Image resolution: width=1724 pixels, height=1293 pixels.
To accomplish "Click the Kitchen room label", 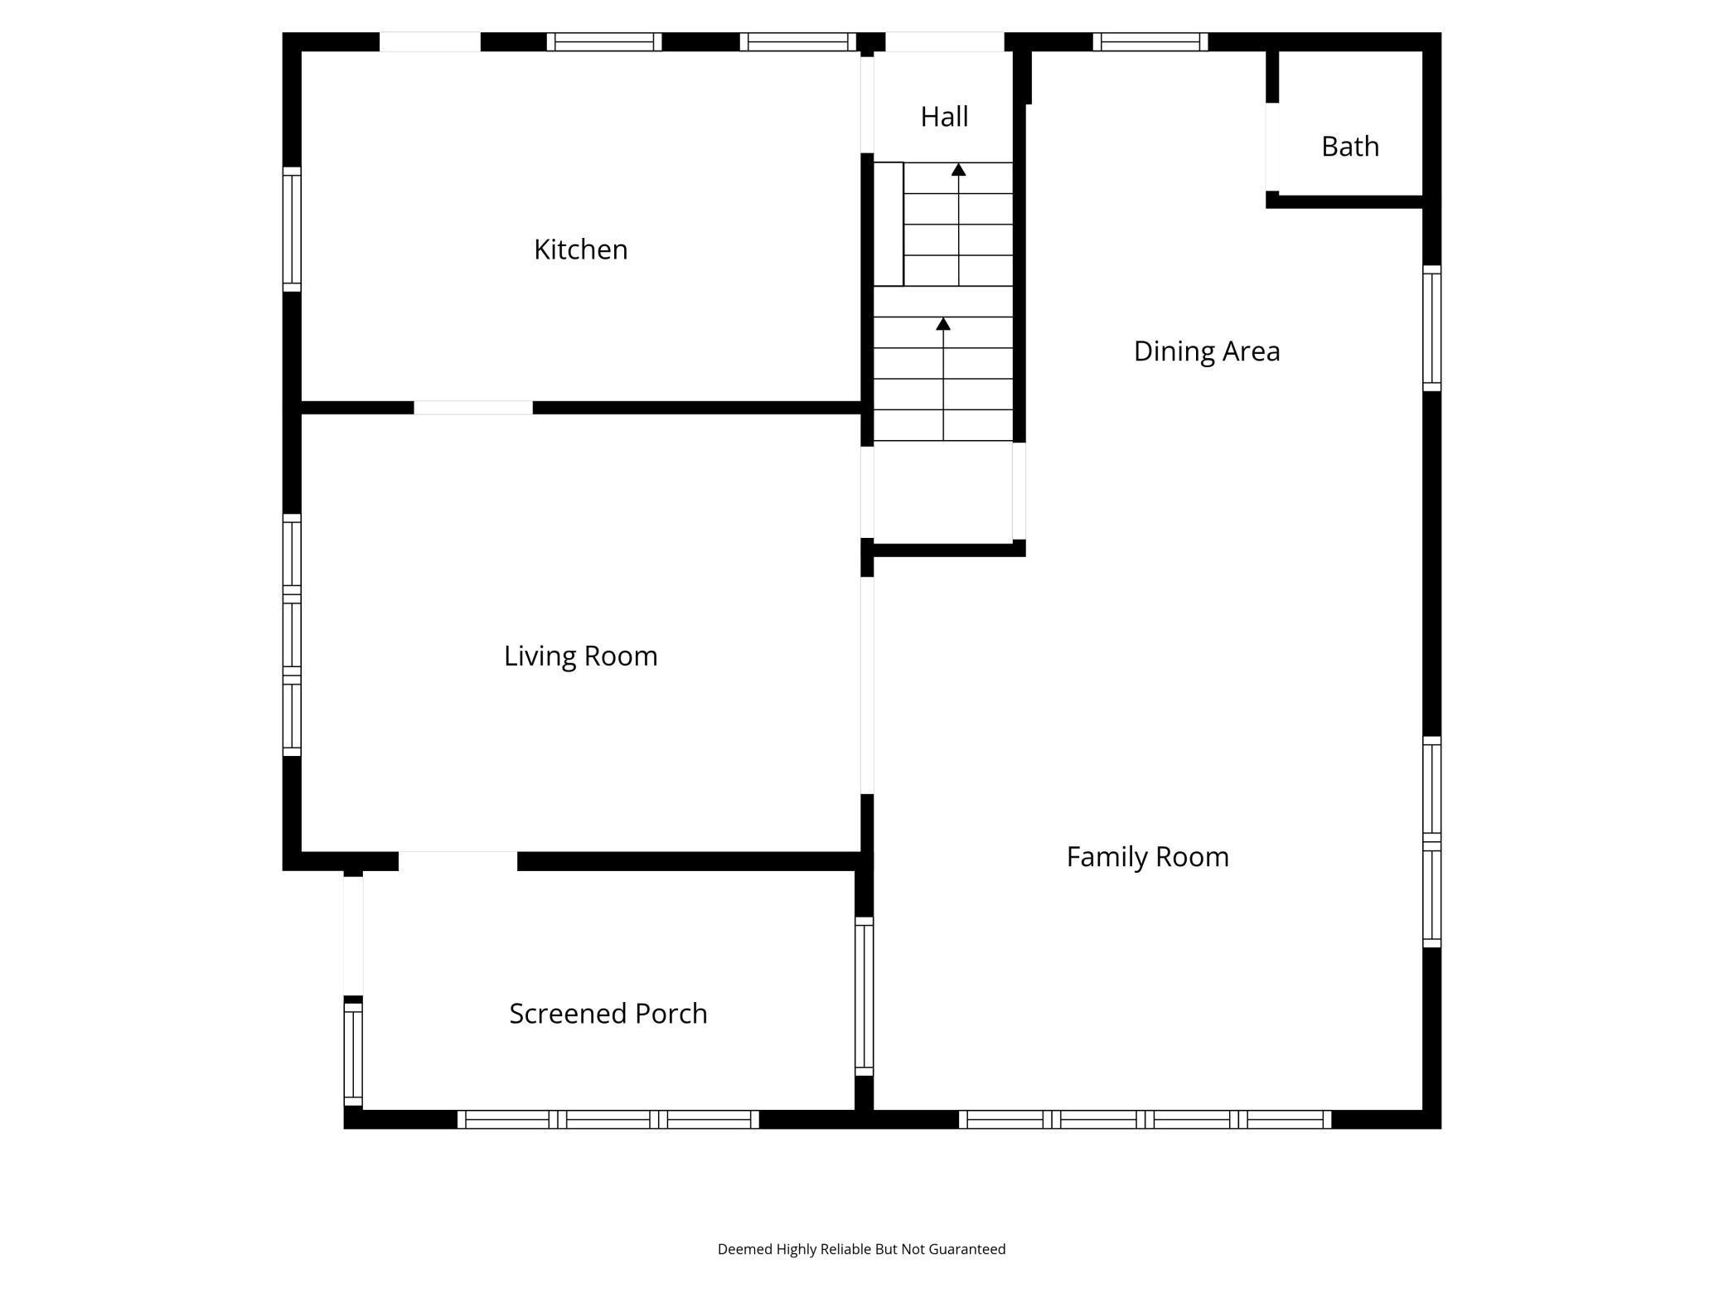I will point(580,249).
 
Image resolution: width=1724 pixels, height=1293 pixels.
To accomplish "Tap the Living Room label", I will point(580,656).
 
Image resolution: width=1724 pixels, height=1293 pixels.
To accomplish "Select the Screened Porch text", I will point(608,1013).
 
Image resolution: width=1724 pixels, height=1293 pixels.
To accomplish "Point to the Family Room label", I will point(1147,856).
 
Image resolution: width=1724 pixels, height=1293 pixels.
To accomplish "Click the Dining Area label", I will point(1206,351).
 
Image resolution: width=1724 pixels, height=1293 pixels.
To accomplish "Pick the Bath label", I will point(1349,146).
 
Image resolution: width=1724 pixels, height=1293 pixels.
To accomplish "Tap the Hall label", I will point(944,117).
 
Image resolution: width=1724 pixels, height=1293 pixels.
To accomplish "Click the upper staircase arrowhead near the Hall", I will point(958,170).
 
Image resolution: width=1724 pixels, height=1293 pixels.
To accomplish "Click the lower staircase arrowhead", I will point(943,324).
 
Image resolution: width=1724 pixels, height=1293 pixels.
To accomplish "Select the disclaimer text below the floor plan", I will point(861,1248).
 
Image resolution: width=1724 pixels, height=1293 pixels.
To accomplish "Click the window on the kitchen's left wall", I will point(292,229).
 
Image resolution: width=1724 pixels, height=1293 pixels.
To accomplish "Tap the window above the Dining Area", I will point(1150,41).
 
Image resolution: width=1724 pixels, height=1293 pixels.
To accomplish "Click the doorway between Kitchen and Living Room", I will point(472,407).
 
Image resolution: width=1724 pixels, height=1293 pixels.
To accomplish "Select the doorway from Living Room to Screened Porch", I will point(458,860).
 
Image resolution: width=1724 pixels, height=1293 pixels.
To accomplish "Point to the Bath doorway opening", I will point(1271,147).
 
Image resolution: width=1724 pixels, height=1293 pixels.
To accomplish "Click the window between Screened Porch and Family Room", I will point(864,996).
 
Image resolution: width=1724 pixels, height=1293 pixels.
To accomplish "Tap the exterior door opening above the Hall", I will point(944,41).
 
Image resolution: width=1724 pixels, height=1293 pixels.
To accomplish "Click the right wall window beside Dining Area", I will point(1431,328).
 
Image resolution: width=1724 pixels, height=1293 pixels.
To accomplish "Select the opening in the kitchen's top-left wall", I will point(429,41).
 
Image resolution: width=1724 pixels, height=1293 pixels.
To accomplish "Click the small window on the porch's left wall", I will point(353,1053).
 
